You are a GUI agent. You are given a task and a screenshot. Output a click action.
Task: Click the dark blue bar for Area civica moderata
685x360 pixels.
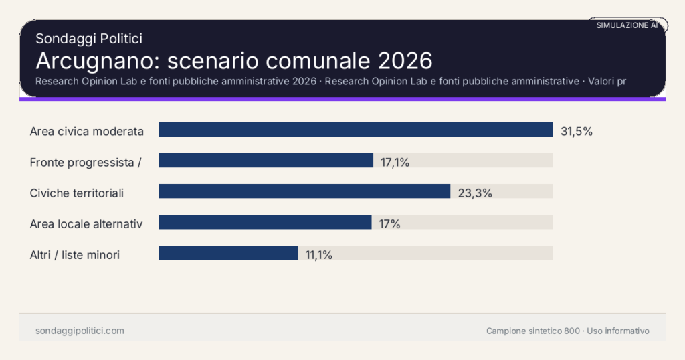click(355, 130)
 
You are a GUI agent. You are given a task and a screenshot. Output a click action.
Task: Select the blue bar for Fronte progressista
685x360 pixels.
click(266, 161)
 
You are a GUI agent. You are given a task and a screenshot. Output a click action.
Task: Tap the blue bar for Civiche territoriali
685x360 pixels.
click(304, 191)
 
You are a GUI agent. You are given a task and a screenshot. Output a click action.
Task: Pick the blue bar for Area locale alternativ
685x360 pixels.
click(265, 222)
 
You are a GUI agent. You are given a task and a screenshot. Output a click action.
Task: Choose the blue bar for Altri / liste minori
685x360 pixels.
click(228, 253)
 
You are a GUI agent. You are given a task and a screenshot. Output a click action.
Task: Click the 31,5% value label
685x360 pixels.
click(577, 131)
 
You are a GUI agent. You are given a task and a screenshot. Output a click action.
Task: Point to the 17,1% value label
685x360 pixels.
click(395, 162)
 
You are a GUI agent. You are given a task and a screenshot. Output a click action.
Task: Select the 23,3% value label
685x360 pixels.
click(475, 193)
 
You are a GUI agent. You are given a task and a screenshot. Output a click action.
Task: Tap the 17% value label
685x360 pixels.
click(389, 223)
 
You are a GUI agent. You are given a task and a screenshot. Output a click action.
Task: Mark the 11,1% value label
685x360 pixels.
click(318, 254)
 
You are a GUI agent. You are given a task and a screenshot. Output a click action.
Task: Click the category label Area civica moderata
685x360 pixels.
click(87, 131)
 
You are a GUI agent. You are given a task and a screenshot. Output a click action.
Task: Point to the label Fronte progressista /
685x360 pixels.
click(86, 162)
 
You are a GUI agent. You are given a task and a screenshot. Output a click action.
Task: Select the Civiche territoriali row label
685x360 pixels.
click(77, 193)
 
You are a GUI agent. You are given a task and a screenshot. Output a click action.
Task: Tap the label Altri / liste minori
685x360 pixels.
click(75, 254)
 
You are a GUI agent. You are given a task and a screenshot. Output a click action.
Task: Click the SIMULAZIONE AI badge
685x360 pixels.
click(627, 25)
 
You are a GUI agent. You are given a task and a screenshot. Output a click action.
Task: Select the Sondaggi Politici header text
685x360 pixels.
click(88, 39)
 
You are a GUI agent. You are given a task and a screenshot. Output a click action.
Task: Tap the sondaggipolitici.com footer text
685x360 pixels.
click(80, 331)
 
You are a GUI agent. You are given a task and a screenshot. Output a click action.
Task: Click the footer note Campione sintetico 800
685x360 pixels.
click(533, 331)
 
